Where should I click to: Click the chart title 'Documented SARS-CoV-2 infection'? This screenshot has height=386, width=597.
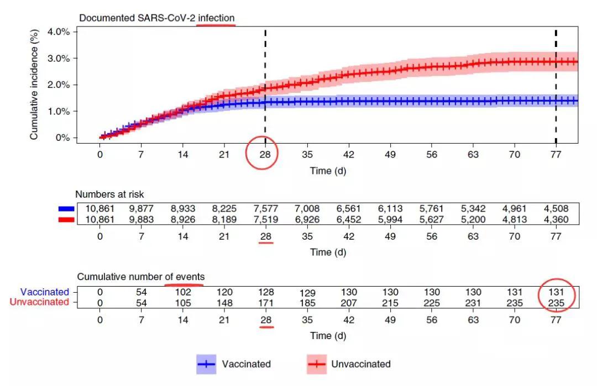tap(157, 18)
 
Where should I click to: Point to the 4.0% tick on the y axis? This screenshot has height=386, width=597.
tap(58, 31)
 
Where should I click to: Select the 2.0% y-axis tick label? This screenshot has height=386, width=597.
tap(58, 84)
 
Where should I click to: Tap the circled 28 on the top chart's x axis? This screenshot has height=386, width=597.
tap(265, 155)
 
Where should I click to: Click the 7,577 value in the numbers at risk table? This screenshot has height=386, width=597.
tap(265, 209)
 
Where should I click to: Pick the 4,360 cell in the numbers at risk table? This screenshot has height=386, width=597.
tap(556, 219)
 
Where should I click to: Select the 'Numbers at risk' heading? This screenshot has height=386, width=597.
tap(109, 194)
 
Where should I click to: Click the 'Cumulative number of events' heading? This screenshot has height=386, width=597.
tap(141, 277)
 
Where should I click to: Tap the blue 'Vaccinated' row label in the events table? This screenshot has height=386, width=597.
tap(45, 292)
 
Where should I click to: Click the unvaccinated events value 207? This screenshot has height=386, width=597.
tap(348, 302)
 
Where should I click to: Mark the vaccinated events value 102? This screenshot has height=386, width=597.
tap(182, 292)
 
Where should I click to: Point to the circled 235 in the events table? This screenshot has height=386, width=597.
tap(556, 302)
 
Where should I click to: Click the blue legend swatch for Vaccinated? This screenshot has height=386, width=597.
tap(206, 364)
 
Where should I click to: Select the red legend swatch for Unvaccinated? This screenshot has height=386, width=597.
tap(316, 364)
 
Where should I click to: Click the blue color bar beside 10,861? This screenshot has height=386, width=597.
tap(66, 209)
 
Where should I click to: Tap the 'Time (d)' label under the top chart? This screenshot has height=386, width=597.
tap(328, 171)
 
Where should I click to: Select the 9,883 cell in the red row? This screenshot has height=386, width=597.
tap(141, 219)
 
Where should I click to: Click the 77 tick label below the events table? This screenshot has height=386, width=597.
tap(556, 320)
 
